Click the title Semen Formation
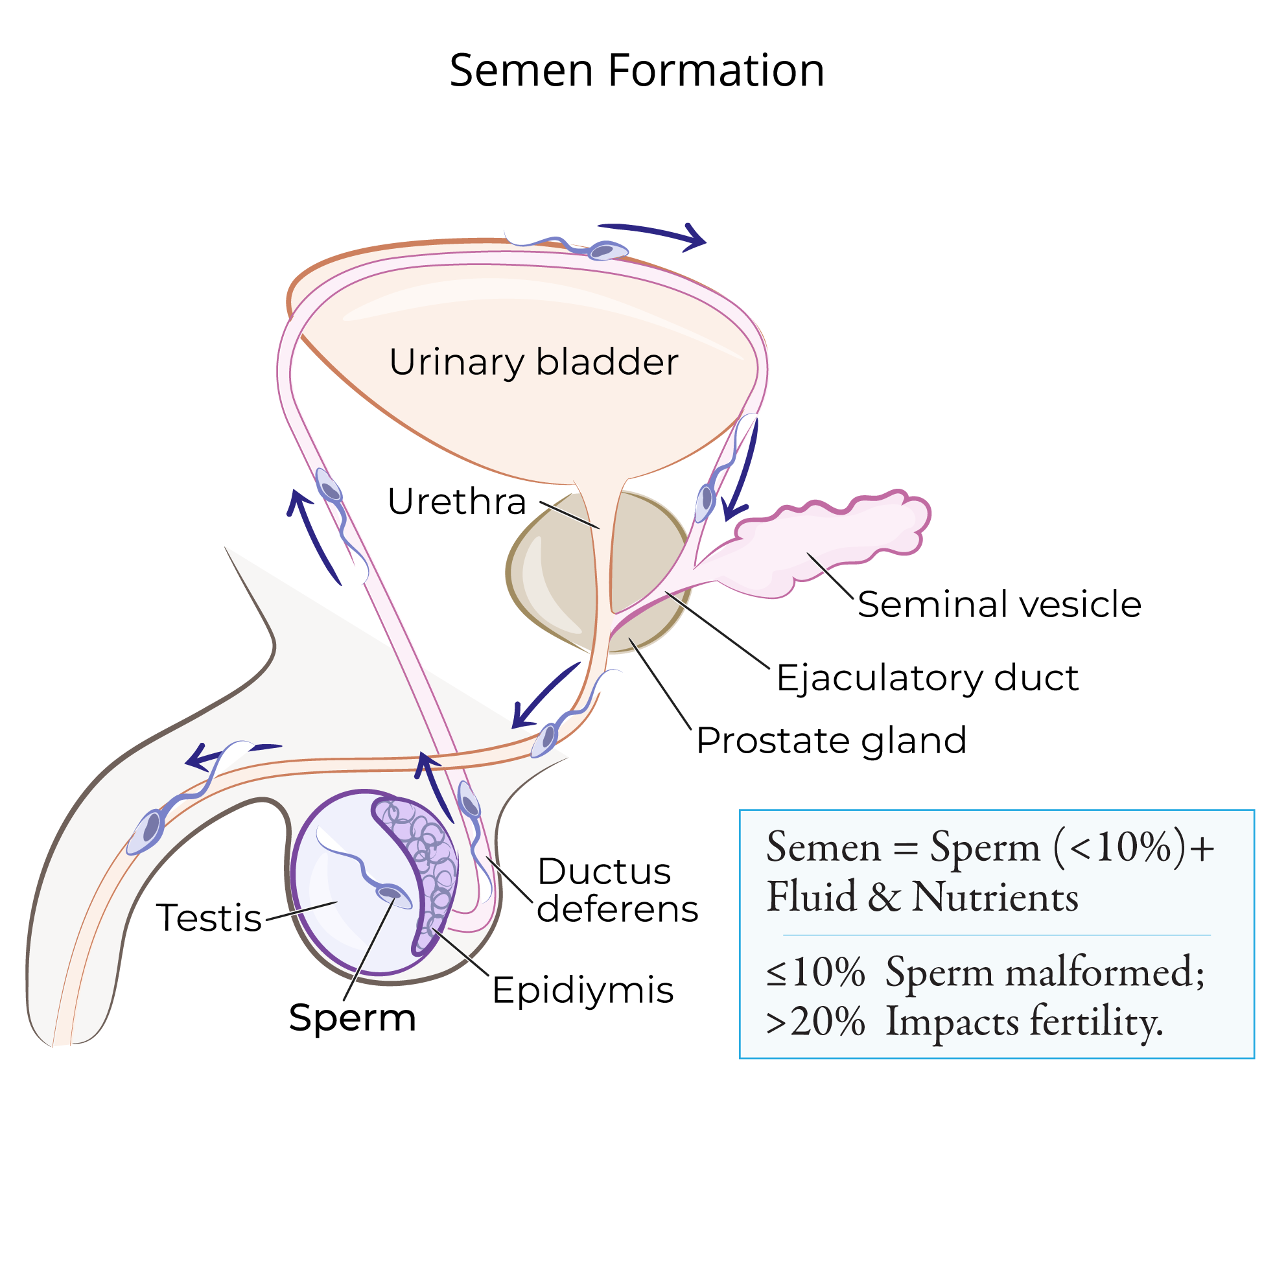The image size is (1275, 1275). pos(637,71)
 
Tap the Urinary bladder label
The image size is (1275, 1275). pos(533,362)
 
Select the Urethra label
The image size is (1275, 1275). pos(457,502)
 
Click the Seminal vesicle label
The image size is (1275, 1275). pos(999,604)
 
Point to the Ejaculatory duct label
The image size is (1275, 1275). pos(926,678)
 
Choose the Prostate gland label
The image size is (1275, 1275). pos(832,740)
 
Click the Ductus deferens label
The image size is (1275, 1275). pos(617,889)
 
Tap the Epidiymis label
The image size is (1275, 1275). pos(583,990)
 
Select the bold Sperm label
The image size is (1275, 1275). pos(353,1017)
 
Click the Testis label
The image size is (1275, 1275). pos(209,917)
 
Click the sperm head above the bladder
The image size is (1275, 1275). pos(607,251)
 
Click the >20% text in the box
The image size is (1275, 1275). pos(815,1022)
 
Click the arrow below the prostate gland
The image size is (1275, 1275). pos(544,696)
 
